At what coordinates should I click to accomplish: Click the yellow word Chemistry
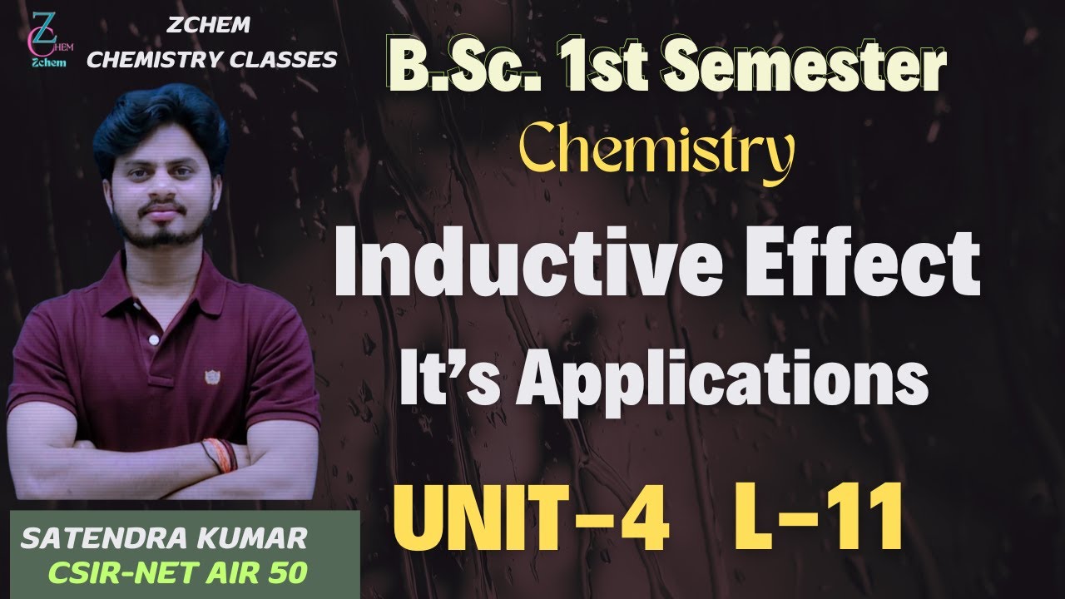pos(657,156)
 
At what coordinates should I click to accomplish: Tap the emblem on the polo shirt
pos(212,376)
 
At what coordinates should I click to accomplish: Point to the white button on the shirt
pos(153,339)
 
